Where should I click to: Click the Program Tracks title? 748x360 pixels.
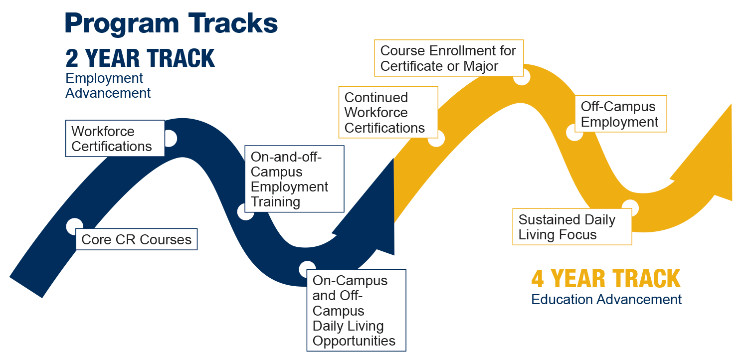pyautogui.click(x=171, y=23)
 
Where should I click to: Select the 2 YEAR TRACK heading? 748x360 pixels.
pyautogui.click(x=140, y=58)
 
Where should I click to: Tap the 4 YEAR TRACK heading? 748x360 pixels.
pyautogui.click(x=606, y=279)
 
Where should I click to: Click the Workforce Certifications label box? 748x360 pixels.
pyautogui.click(x=115, y=138)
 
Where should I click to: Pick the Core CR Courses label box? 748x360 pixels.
pyautogui.click(x=136, y=239)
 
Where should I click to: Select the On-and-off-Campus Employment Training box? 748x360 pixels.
pyautogui.click(x=294, y=179)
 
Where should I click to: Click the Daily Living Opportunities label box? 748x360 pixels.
pyautogui.click(x=356, y=310)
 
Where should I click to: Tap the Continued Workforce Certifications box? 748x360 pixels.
pyautogui.click(x=387, y=112)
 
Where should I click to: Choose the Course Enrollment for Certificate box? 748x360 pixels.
pyautogui.click(x=448, y=58)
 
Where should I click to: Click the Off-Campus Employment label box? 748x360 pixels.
pyautogui.click(x=620, y=114)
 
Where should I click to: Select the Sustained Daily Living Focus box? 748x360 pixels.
pyautogui.click(x=572, y=226)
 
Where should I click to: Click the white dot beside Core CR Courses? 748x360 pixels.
pyautogui.click(x=74, y=226)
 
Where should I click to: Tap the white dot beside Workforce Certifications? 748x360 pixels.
pyautogui.click(x=170, y=139)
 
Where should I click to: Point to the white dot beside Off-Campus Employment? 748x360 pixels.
pyautogui.click(x=574, y=133)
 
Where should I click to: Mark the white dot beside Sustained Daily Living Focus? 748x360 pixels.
pyautogui.click(x=630, y=207)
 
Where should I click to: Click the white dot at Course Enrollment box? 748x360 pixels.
pyautogui.click(x=522, y=77)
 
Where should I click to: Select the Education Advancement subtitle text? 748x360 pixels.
pyautogui.click(x=606, y=299)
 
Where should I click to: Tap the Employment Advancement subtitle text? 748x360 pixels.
pyautogui.click(x=108, y=85)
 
